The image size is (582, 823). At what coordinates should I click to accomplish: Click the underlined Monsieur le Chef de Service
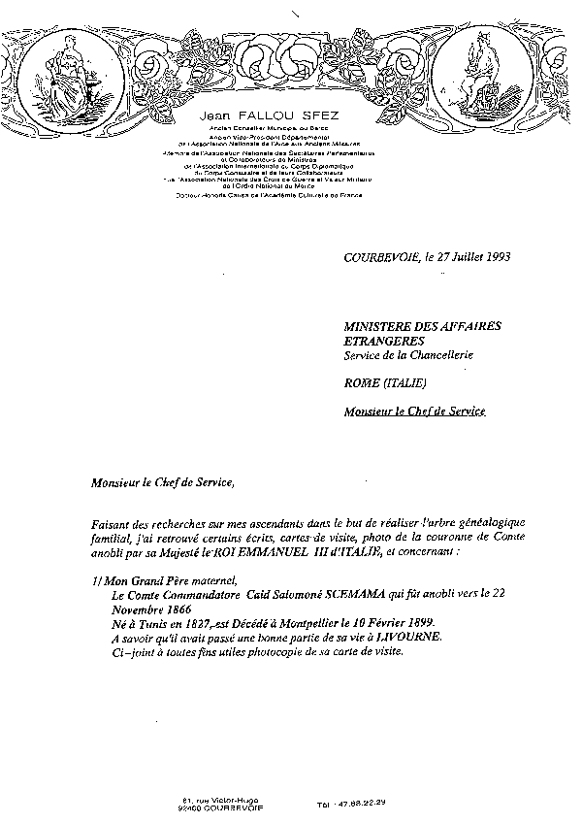[414, 411]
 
